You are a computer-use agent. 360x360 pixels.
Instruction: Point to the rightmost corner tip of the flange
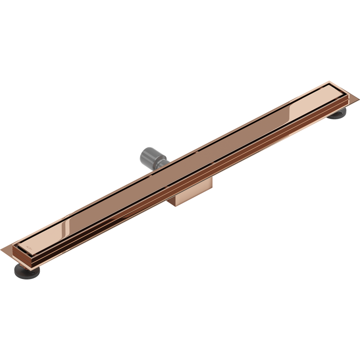[347, 96]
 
